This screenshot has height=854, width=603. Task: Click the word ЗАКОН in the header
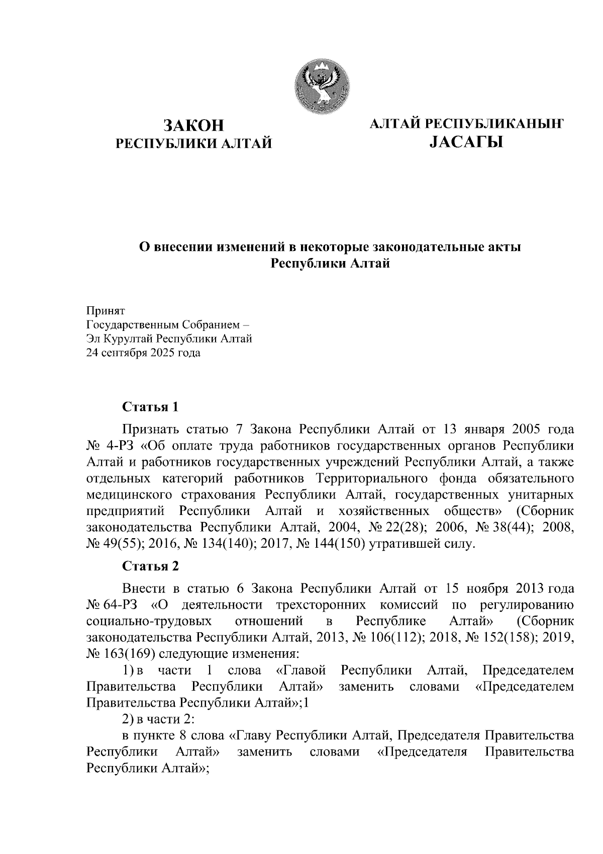click(193, 126)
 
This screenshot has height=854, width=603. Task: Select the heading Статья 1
click(150, 406)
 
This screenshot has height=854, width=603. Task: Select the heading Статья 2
click(150, 566)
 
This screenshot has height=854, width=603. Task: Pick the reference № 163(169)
click(119, 654)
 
